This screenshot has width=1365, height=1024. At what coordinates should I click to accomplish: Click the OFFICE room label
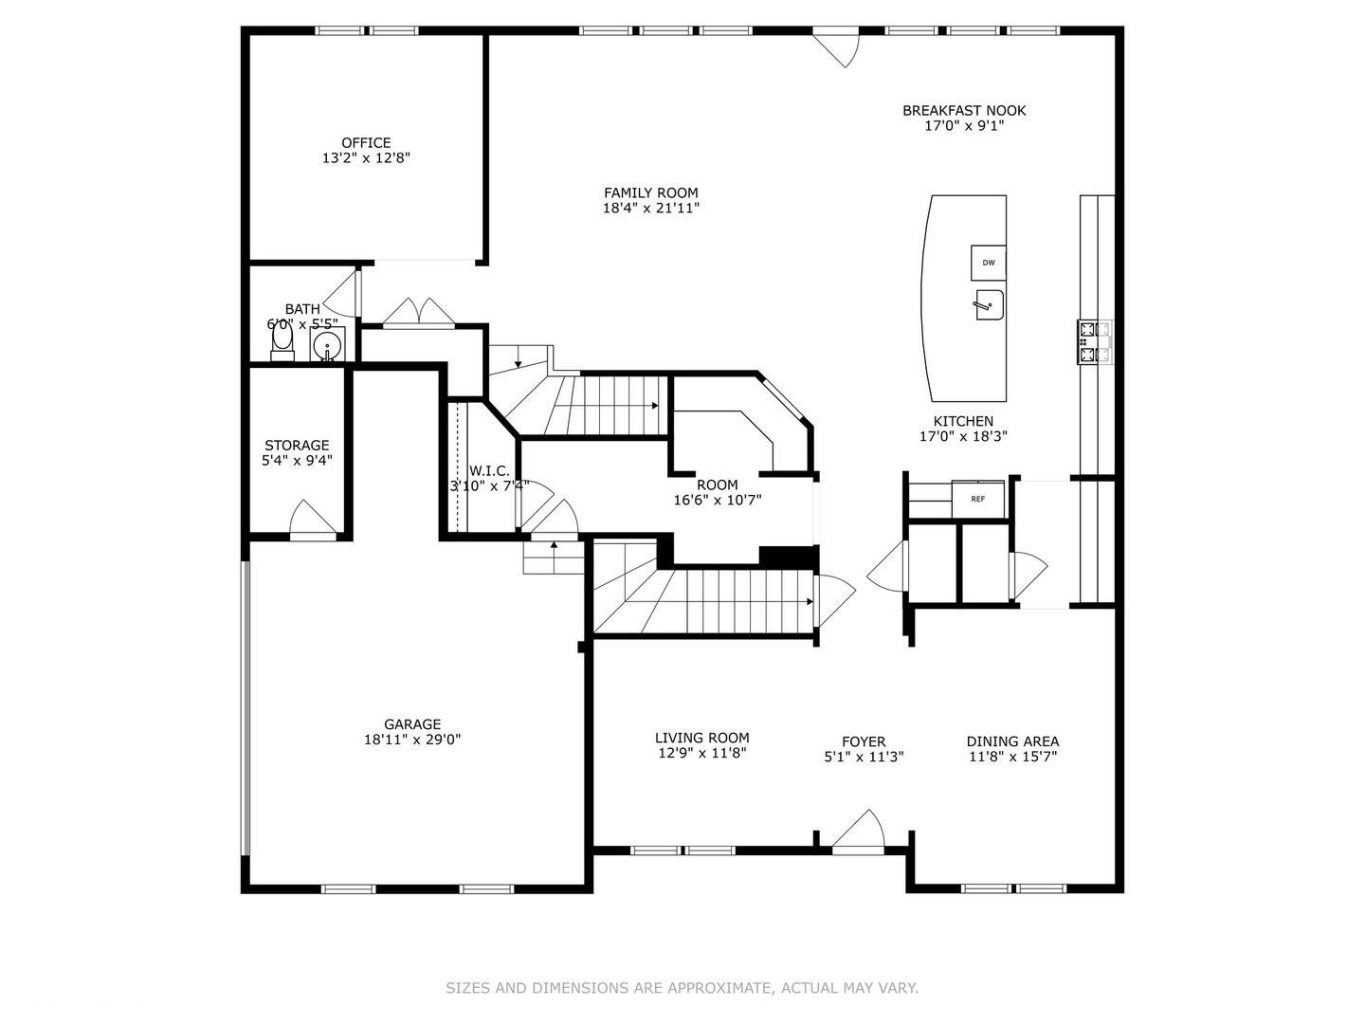[366, 143]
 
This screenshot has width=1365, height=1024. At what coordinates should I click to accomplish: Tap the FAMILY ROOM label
[650, 192]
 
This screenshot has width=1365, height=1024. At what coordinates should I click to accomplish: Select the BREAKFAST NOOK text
[963, 111]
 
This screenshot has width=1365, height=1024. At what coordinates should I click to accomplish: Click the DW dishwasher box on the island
[988, 263]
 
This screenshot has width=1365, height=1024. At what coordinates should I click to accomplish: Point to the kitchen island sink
[987, 305]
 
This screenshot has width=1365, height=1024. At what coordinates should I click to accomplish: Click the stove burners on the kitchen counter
[1094, 342]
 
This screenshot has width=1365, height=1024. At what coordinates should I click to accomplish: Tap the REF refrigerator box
[977, 499]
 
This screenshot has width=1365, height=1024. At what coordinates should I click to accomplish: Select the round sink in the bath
[327, 344]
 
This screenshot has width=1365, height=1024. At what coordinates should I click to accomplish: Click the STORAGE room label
[297, 445]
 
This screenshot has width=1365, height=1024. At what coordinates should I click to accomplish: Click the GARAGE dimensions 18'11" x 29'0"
[412, 740]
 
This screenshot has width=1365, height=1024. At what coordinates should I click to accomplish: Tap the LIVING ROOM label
[701, 738]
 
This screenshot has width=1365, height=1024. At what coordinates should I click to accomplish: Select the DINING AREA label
[1012, 741]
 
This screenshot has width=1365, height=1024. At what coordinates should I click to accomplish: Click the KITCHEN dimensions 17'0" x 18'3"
[963, 436]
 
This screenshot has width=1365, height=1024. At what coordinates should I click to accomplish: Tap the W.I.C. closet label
[489, 471]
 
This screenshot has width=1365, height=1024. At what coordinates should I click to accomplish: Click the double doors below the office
[418, 314]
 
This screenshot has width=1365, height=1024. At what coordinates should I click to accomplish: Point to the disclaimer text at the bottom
[682, 988]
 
